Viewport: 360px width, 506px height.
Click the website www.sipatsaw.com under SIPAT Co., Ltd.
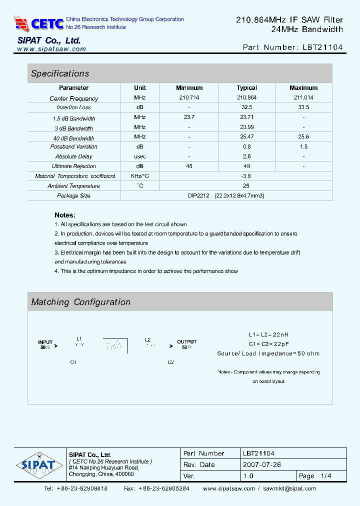51,49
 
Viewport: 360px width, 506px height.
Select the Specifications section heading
60,73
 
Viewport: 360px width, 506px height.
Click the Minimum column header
189,87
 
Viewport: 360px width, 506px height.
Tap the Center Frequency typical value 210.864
246,98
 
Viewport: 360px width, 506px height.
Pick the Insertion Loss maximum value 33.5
303,107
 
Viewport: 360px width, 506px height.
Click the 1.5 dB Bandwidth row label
73,118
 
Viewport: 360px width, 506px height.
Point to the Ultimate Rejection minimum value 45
189,166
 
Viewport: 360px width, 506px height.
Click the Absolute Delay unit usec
140,156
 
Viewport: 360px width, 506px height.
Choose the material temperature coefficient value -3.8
246,176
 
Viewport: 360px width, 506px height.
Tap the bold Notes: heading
65,215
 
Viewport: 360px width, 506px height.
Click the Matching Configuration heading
80,302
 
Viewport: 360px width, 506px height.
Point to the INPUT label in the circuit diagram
45,342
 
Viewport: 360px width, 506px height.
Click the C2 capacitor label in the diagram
170,362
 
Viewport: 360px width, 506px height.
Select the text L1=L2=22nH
268,334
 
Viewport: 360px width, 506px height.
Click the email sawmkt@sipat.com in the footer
289,488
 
